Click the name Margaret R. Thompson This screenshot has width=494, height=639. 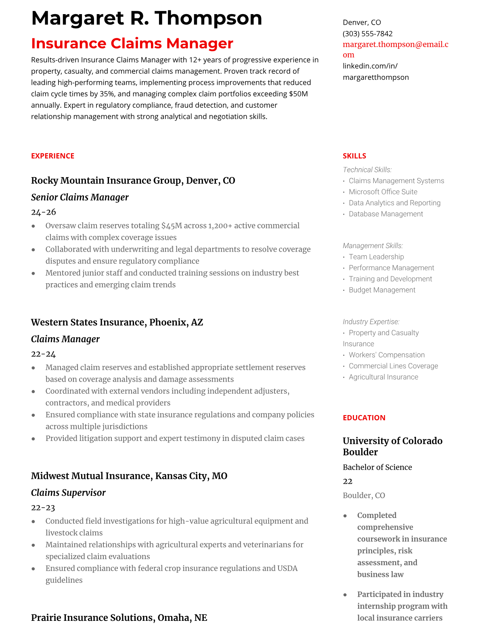coord(147,18)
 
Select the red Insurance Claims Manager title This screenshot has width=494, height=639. coord(132,44)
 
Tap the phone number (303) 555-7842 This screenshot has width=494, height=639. coord(367,33)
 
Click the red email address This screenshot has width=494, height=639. coord(395,49)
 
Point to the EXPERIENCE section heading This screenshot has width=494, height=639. coord(52,156)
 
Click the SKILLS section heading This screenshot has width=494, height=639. coord(354,156)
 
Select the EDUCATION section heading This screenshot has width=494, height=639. coord(364,418)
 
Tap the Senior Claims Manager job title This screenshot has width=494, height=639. coord(80,197)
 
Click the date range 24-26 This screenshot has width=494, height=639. coord(43,212)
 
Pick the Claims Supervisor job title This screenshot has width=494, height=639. coord(68,493)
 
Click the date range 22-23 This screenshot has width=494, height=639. coord(43,507)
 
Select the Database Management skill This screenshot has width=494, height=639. coord(385,214)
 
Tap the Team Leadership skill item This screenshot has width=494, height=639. coord(376,257)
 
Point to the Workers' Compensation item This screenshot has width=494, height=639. coord(386,355)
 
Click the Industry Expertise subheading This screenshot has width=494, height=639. coord(371,322)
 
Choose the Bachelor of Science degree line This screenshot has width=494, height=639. coord(377,467)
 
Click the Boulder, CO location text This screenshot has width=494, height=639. coord(364,495)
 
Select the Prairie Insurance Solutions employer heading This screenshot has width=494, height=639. coord(119,618)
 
